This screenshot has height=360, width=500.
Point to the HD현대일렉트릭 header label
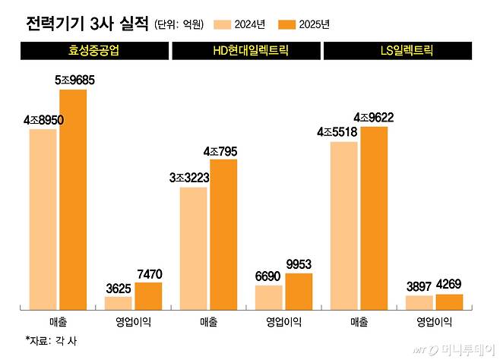248,52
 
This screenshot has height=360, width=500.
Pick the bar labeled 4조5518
344,225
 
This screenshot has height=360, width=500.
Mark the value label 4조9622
374,118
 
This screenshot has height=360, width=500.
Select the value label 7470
148,273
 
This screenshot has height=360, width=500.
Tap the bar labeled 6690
268,297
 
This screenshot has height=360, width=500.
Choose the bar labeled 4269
449,302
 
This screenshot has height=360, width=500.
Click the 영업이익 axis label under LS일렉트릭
434,322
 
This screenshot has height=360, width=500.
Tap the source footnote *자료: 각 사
51,341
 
